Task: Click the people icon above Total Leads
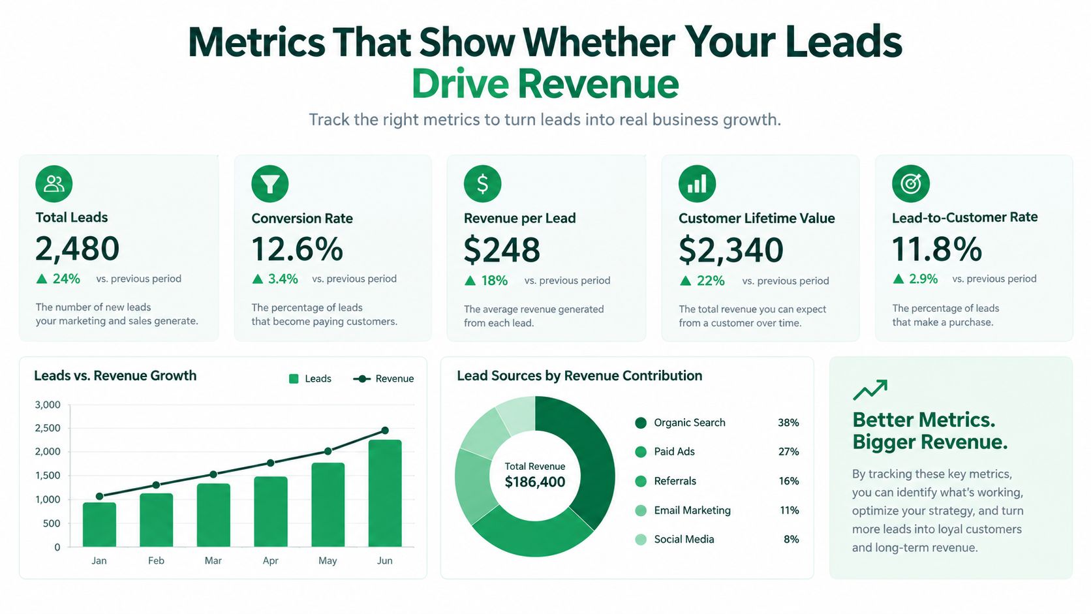pos(54,183)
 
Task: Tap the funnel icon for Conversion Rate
pos(270,183)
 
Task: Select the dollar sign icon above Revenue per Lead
pos(482,183)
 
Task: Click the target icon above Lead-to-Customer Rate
pos(911,183)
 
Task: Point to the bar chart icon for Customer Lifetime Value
pos(697,183)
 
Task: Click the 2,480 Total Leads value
pos(78,249)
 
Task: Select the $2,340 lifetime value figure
pos(731,250)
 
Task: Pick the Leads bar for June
pos(385,493)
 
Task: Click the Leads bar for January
pos(99,525)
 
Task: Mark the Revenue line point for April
pos(270,463)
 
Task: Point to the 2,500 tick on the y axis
pos(48,428)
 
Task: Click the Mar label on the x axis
pos(213,560)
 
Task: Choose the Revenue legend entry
pos(383,378)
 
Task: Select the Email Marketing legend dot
pos(641,510)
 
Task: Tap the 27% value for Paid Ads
pos(788,452)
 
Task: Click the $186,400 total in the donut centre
pos(535,482)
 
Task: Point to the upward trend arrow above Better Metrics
pos(870,390)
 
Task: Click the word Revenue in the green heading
pos(598,84)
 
